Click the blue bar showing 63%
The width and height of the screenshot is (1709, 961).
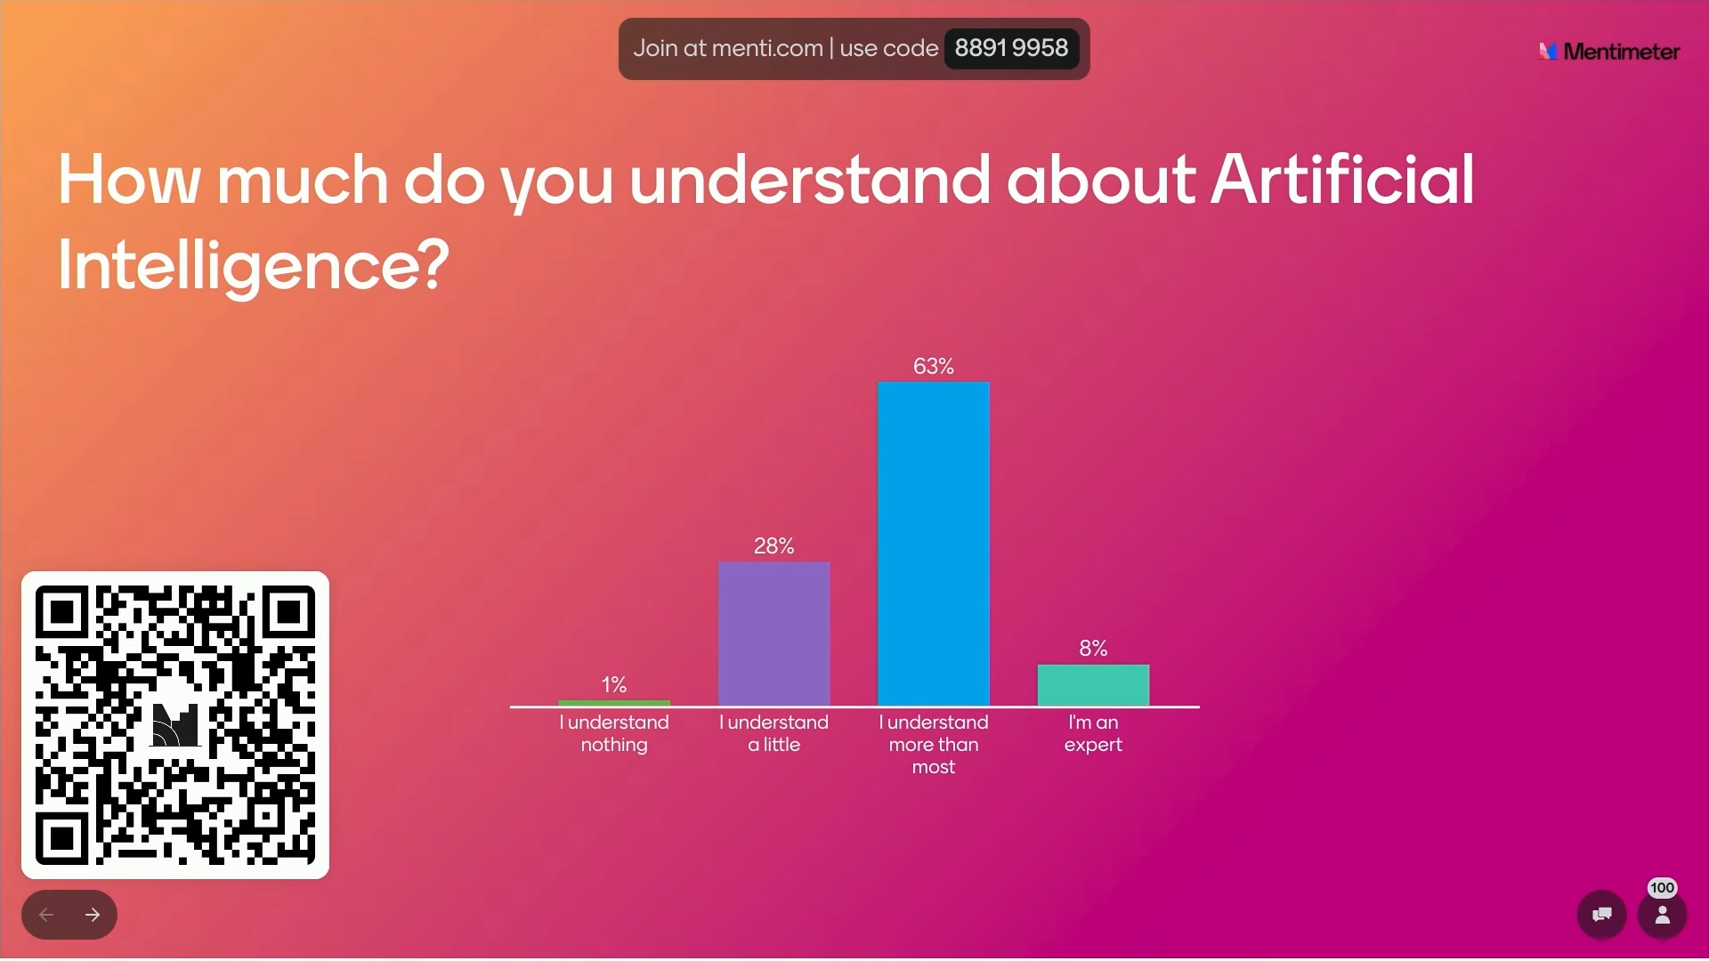pos(933,544)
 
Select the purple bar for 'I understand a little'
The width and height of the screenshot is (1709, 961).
pos(774,634)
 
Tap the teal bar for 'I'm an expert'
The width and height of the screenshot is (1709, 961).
pos(1093,685)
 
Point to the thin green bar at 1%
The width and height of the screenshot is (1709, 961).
pos(614,703)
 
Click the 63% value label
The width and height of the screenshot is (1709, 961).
pos(933,366)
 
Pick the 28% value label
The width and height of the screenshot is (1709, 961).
pos(774,545)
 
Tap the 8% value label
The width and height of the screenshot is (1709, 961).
pos(1093,648)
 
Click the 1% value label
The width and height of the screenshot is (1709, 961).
pos(614,684)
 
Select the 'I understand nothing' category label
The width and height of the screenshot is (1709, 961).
pos(614,733)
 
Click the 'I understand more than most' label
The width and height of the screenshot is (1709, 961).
pos(934,744)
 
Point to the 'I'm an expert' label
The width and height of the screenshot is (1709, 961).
pos(1093,733)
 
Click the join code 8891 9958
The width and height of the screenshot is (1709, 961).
pos(1011,48)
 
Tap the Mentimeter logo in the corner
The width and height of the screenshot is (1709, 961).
pos(1609,52)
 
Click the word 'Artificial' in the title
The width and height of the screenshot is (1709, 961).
pos(1342,179)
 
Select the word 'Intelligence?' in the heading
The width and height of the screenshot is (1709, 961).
pos(254,265)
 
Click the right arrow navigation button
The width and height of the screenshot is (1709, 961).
pos(93,915)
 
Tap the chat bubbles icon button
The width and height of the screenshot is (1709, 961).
pos(1601,914)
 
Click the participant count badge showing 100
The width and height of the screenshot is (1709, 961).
pos(1662,888)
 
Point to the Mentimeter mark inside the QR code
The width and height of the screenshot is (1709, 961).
pos(175,724)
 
